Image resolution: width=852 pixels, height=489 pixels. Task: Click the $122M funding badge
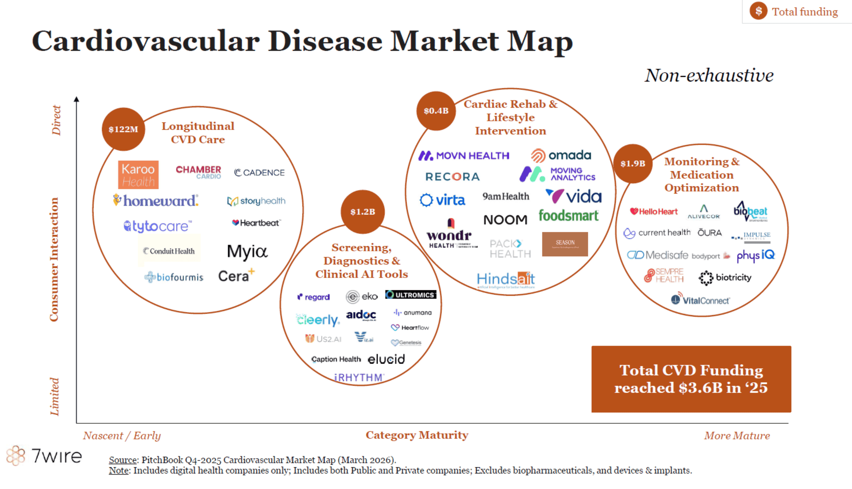point(123,129)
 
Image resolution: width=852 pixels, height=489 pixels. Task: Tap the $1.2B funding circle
point(362,212)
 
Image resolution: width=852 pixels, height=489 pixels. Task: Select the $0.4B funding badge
point(436,111)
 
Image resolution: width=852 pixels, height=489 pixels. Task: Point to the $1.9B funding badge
point(633,163)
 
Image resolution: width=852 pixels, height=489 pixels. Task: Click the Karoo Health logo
point(138,175)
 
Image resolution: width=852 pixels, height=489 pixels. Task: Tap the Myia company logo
point(247,252)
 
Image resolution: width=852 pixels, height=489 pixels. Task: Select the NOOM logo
point(505,220)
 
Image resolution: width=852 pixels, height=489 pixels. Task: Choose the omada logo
point(561,155)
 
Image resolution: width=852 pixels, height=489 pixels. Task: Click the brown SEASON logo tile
point(565,244)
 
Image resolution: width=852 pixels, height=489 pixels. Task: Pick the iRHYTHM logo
point(359,377)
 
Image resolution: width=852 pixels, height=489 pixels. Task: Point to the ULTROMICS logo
point(411,295)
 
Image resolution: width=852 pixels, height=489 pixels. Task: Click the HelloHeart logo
point(654,211)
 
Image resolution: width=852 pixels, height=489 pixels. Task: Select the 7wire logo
point(45,456)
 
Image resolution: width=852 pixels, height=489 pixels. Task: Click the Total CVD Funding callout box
point(691,379)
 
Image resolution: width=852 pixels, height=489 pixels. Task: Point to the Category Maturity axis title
point(417,435)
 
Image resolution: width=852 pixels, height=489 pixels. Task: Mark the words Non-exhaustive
point(709,75)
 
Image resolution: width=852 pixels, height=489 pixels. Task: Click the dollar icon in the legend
point(758,11)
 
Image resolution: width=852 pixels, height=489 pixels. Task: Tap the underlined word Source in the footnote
point(123,460)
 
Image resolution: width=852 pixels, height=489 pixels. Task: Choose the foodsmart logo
point(568,216)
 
